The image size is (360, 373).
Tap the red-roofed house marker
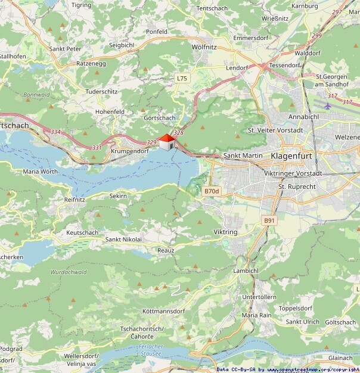pyautogui.click(x=166, y=141)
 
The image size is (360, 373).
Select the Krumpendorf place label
pyautogui.click(x=129, y=151)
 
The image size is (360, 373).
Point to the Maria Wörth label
pyautogui.click(x=39, y=172)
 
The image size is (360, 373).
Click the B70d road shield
pyautogui.click(x=212, y=191)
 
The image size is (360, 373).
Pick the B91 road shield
pyautogui.click(x=270, y=220)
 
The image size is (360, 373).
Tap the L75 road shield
pyautogui.click(x=182, y=78)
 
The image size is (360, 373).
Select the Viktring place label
pyautogui.click(x=225, y=231)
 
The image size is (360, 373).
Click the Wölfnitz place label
pyautogui.click(x=204, y=46)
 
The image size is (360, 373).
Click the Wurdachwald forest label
pyautogui.click(x=69, y=272)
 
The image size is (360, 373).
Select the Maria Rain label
pyautogui.click(x=257, y=315)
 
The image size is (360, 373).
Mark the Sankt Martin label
pyautogui.click(x=243, y=156)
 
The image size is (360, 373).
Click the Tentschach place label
pyautogui.click(x=213, y=8)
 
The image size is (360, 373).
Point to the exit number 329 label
pyautogui.click(x=151, y=143)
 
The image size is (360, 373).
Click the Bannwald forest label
pyautogui.click(x=36, y=95)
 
